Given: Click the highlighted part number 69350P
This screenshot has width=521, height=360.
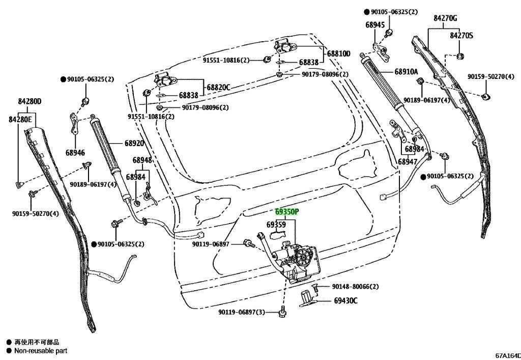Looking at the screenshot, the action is coord(287,212).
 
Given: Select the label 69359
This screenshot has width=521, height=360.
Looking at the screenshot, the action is coord(276,225).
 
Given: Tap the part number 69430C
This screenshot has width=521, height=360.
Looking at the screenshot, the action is coord(345,301).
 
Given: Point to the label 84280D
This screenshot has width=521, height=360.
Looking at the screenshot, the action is coord(30,101).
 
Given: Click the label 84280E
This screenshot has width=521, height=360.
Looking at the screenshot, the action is coord(20,119).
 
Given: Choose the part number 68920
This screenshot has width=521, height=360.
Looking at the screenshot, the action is coord(134,143).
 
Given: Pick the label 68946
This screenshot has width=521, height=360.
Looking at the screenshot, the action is coord(75,153).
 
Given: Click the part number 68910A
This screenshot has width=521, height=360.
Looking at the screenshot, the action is coord(407,71).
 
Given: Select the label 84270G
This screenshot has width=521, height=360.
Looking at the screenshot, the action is coord(445,18).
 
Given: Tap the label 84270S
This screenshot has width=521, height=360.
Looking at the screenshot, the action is coord(461,36).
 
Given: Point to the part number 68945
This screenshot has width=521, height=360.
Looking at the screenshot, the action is coord(375,25).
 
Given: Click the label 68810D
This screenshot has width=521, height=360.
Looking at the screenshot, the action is coord(338,53).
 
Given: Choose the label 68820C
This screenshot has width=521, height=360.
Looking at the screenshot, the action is coord(218,88).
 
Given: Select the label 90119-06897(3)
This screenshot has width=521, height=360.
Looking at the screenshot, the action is coord(242,312).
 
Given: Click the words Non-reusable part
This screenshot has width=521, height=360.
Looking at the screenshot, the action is coord(41,351).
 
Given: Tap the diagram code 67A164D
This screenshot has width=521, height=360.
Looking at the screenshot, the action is coord(508,355).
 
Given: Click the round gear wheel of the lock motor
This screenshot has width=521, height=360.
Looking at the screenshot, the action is coord(303,256).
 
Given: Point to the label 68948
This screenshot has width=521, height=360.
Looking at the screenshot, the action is coord(142,160).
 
